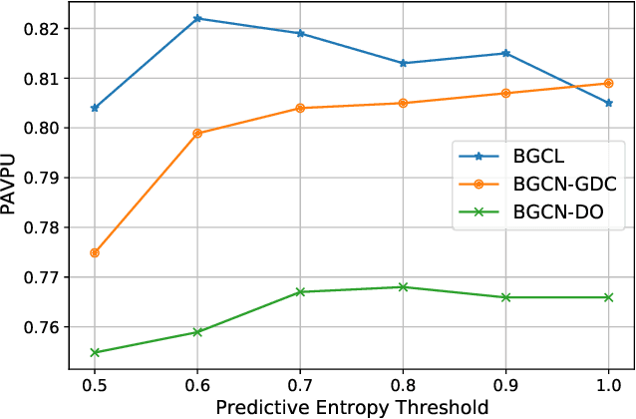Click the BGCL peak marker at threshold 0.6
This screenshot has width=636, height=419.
[197, 18]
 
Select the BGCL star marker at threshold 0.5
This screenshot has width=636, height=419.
[95, 108]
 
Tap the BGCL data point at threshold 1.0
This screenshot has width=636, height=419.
[608, 103]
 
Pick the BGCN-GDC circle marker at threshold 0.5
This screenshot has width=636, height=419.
[95, 252]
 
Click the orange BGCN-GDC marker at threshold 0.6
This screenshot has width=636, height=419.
[197, 133]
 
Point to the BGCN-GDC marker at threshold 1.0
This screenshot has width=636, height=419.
[608, 83]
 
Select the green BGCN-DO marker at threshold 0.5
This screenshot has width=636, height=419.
[95, 352]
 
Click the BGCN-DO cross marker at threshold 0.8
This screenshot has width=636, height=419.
[403, 287]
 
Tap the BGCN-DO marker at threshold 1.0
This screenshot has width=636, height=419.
[608, 297]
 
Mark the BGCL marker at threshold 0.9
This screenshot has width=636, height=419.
[505, 53]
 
